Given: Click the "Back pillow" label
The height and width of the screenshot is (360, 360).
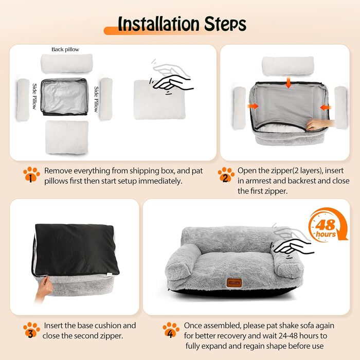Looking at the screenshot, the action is tap(65, 49).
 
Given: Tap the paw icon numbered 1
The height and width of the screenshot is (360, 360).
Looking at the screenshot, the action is tap(31, 174).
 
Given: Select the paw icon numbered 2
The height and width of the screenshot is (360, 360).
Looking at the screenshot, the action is tap(226, 174).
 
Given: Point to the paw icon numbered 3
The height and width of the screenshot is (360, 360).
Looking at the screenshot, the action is tap(31, 330).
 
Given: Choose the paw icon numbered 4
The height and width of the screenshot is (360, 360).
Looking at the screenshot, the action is tap(171, 330).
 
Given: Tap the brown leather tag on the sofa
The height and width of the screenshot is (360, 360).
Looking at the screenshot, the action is tap(234, 283).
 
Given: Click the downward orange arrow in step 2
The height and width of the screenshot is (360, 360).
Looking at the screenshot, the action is tap(289, 83).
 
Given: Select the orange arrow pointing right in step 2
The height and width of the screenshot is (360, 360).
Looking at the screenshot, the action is tap(253, 106).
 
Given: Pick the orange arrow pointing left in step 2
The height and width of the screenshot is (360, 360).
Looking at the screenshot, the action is tap(326, 107).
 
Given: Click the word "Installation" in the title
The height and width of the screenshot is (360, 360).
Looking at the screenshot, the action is tap(158, 24).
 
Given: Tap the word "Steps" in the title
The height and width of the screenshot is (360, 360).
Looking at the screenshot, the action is tap(225, 24).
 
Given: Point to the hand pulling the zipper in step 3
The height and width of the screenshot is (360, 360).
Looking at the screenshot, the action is tap(44, 289).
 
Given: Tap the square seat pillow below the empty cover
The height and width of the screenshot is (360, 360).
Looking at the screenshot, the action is tap(67, 137).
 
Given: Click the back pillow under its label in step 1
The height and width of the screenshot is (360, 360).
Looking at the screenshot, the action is tap(66, 63).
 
